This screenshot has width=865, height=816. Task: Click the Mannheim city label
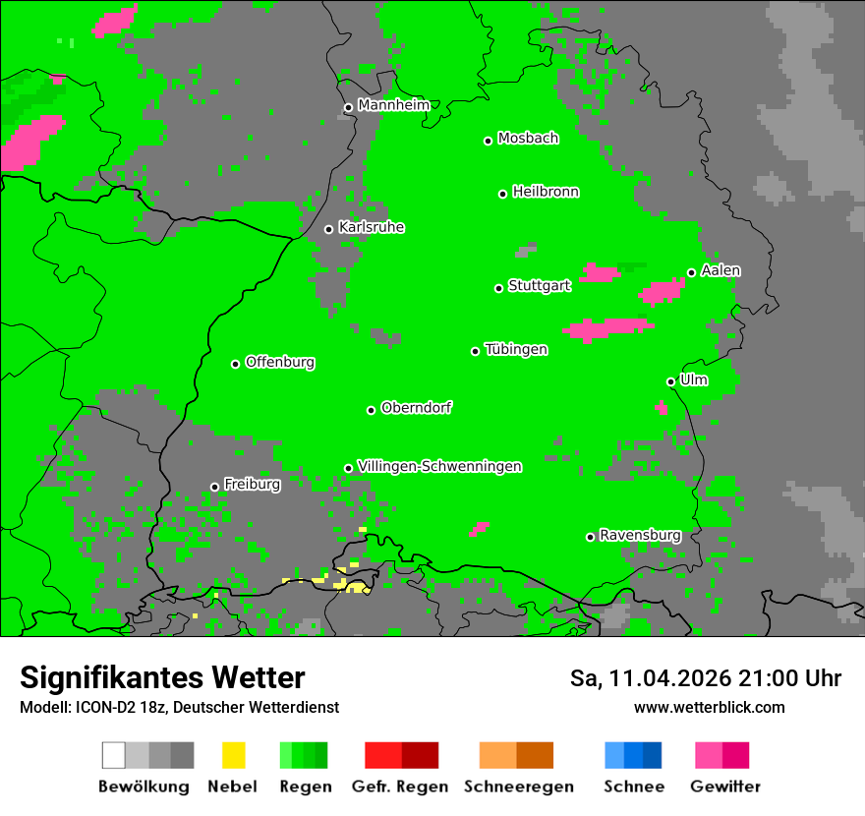pos(393,105)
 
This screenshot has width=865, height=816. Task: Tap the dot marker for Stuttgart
pos(498,288)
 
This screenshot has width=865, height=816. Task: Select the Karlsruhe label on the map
pos(371,227)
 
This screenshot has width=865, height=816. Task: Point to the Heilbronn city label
pos(546,192)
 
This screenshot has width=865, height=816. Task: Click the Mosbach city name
pos(528,139)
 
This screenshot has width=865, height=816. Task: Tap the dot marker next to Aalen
pos(691,272)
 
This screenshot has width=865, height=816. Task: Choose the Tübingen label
pos(516,349)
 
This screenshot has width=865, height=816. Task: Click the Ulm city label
pos(694,379)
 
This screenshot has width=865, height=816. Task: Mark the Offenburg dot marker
pos(235,364)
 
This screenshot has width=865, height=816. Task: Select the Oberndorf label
pos(416,408)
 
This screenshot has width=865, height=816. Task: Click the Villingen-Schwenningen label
pos(439,466)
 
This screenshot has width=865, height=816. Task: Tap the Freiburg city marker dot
pos(214,487)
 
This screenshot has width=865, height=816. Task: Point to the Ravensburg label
pos(640,535)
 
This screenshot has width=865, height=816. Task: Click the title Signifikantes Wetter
pos(162,678)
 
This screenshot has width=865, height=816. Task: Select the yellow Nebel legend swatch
pos(233,755)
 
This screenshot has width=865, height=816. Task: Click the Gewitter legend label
pos(725,787)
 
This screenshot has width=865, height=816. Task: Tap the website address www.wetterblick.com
pos(709,707)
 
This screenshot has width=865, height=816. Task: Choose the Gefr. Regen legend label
pos(400,787)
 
